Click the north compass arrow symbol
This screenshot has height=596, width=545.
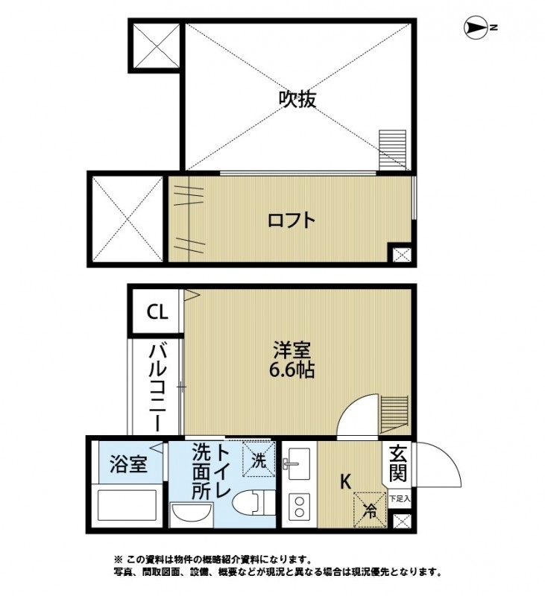(x=474, y=28)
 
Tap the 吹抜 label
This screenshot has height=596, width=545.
(x=297, y=99)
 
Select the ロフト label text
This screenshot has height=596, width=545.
(x=292, y=221)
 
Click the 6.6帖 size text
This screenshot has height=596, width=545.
(x=292, y=370)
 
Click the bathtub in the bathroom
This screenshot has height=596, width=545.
(x=128, y=507)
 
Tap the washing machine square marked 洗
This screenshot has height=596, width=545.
(x=258, y=460)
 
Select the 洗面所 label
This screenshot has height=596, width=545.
(x=201, y=471)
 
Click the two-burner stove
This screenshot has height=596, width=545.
(x=300, y=507)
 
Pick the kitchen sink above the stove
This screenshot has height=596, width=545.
(x=300, y=463)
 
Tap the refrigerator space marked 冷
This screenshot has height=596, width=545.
(x=369, y=510)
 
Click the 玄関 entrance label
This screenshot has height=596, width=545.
(x=397, y=463)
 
